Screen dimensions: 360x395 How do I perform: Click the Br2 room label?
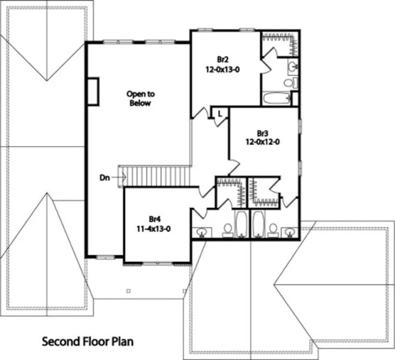tap(222, 60)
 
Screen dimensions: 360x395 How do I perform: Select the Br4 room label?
tap(155, 218)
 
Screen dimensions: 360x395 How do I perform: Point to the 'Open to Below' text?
tap(140, 98)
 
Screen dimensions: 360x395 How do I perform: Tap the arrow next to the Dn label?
tap(120, 177)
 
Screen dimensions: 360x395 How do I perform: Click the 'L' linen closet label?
tap(219, 113)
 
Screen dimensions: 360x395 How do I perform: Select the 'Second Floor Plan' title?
tap(88, 342)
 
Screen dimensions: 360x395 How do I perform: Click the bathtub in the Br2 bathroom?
tap(276, 99)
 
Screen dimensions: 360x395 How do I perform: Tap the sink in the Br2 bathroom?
tap(293, 67)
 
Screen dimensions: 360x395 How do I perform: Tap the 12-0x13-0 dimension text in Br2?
tap(222, 69)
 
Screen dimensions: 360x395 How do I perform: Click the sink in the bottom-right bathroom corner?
tap(291, 232)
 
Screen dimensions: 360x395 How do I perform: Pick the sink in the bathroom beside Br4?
tap(202, 232)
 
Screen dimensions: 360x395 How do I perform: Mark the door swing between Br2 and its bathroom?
tap(266, 66)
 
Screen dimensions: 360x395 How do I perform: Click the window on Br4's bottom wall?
tap(158, 263)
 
